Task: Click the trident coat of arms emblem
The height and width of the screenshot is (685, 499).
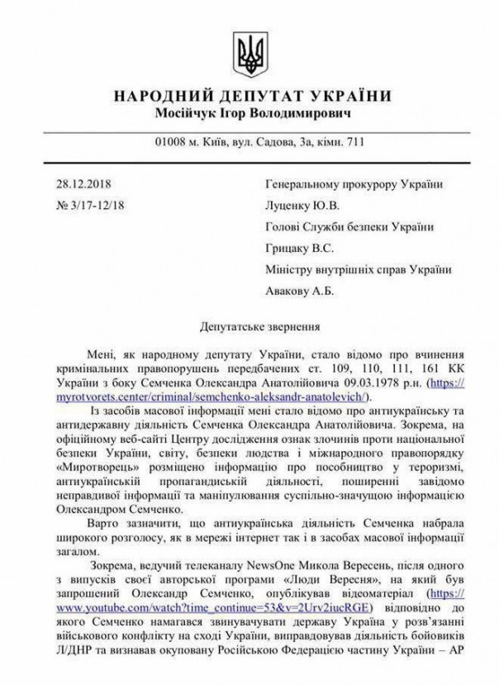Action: tap(249, 49)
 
